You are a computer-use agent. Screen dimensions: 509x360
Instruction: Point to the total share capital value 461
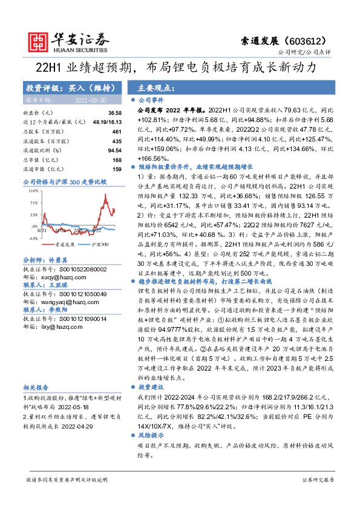pos(117,131)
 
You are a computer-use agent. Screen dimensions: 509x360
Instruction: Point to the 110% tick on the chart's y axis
pos(32,190)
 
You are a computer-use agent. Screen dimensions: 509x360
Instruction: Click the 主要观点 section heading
pos(151,86)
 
